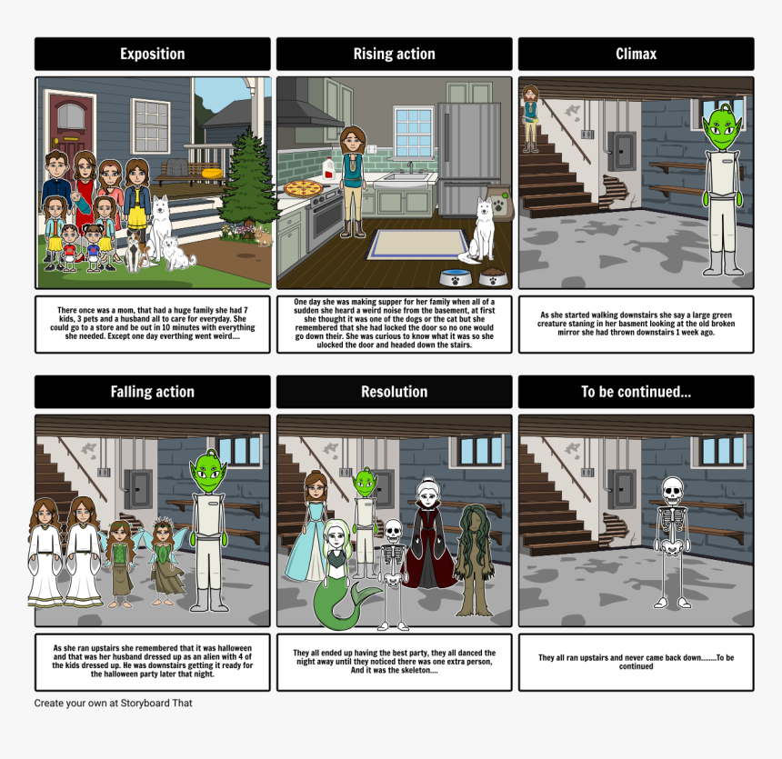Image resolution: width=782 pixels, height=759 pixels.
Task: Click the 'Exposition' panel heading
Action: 152,54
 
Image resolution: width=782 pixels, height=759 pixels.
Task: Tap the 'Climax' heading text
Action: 636,54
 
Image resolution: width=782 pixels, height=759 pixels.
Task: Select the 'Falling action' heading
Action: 152,392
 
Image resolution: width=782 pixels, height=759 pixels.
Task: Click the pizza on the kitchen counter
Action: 304,188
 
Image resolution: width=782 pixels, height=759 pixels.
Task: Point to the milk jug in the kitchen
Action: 328,168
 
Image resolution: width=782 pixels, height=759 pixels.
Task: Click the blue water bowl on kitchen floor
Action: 456,277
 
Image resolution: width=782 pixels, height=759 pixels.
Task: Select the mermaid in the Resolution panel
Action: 341,574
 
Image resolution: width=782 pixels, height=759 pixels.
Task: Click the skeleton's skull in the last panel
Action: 672,490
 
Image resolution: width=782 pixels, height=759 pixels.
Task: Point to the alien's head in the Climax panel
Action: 722,126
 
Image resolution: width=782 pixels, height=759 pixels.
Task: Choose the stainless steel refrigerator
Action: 469,160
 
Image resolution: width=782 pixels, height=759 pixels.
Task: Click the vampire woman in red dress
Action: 428,533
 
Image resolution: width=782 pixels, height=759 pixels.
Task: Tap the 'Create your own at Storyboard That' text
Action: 114,704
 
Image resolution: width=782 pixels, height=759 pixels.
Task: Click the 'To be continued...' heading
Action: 636,392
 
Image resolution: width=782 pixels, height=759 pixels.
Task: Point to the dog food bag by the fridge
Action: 500,203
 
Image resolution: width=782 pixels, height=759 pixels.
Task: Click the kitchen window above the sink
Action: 414,133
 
